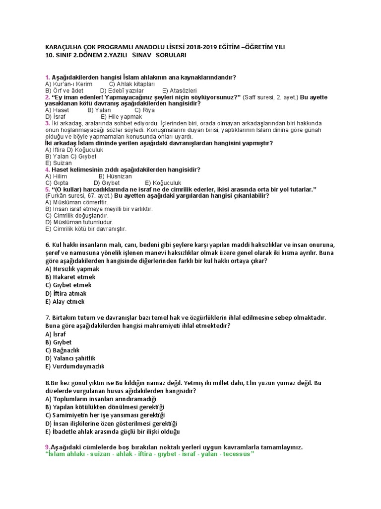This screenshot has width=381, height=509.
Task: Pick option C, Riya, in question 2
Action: pos(145,110)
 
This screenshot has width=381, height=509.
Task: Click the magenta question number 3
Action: pos(47,123)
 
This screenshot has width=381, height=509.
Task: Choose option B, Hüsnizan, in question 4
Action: pos(115,176)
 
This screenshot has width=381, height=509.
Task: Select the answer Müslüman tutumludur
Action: pos(79,222)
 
